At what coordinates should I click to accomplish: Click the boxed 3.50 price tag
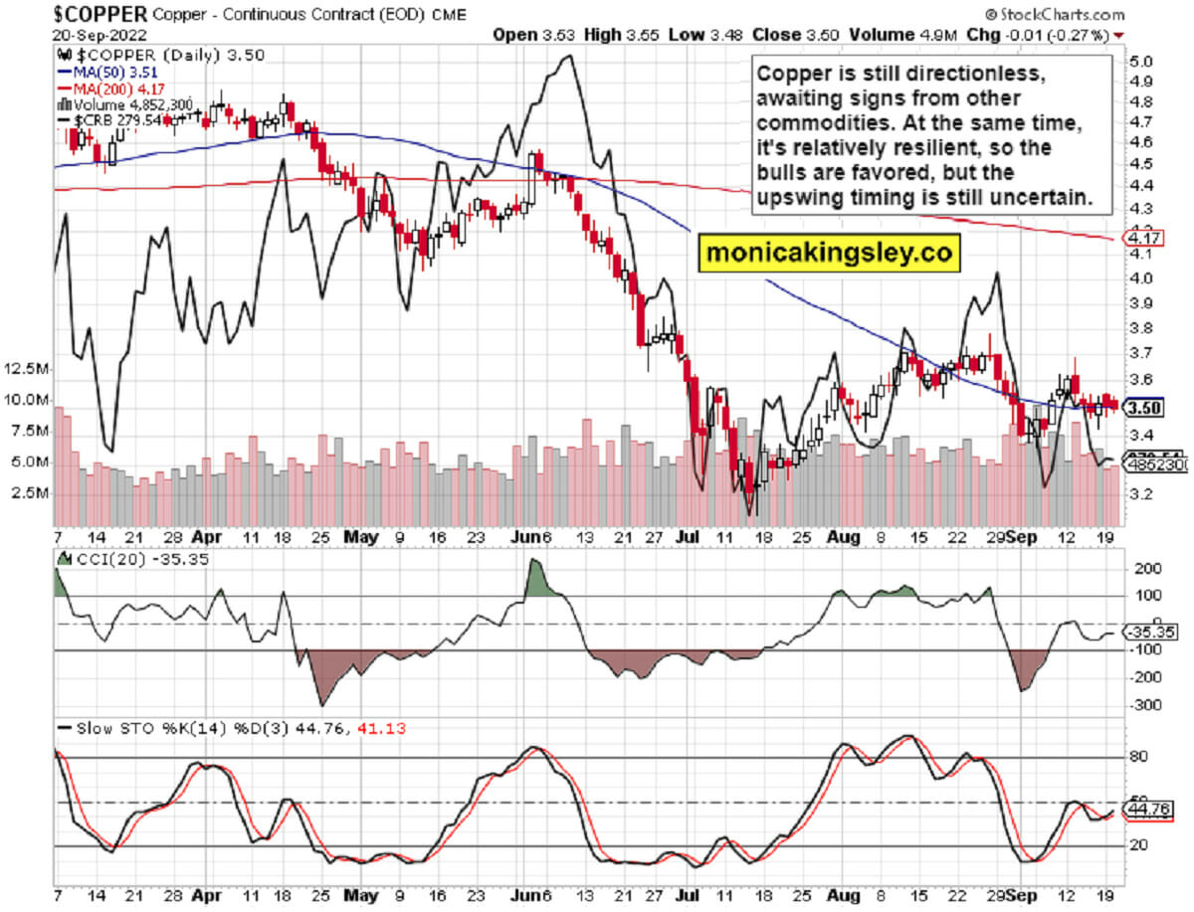tap(1143, 406)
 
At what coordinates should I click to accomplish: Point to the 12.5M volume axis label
tap(27, 369)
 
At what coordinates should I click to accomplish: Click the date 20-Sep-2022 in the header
tap(95, 34)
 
